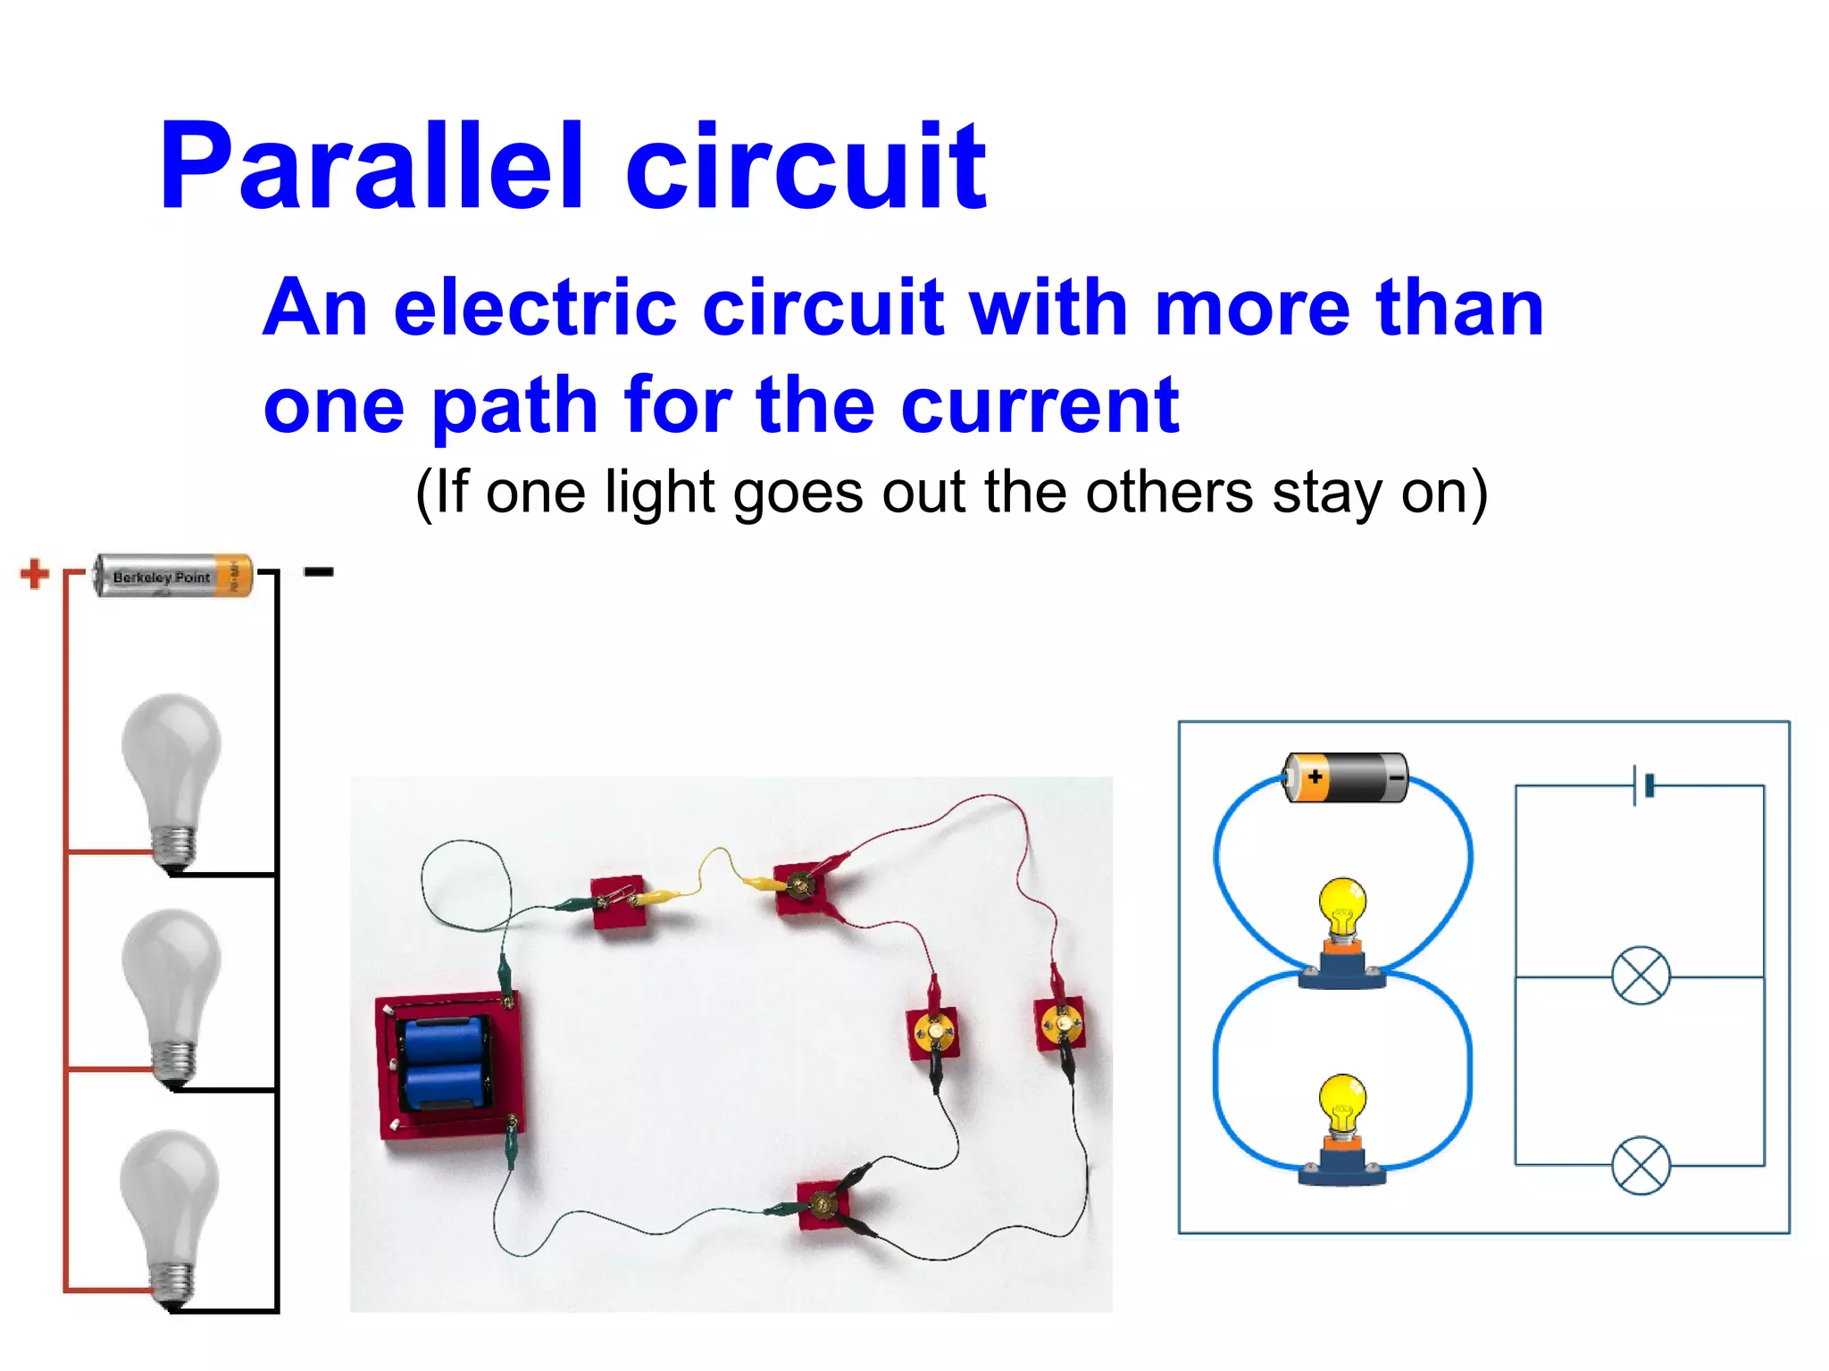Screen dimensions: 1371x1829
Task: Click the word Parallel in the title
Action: pyautogui.click(x=372, y=167)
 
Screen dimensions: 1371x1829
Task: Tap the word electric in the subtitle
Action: pyautogui.click(x=534, y=308)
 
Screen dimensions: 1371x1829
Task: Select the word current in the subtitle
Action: pyautogui.click(x=1040, y=406)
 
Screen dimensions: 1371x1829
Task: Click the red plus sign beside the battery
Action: pyautogui.click(x=34, y=574)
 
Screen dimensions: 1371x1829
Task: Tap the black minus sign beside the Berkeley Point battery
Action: pyautogui.click(x=319, y=572)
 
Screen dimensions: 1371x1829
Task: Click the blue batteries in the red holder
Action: pyautogui.click(x=444, y=1062)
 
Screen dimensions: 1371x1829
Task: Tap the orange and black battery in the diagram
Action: pyautogui.click(x=1346, y=777)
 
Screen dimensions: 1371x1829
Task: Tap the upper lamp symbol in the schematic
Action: pyautogui.click(x=1641, y=976)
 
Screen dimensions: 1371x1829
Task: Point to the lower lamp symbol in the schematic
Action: pyautogui.click(x=1641, y=1165)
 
